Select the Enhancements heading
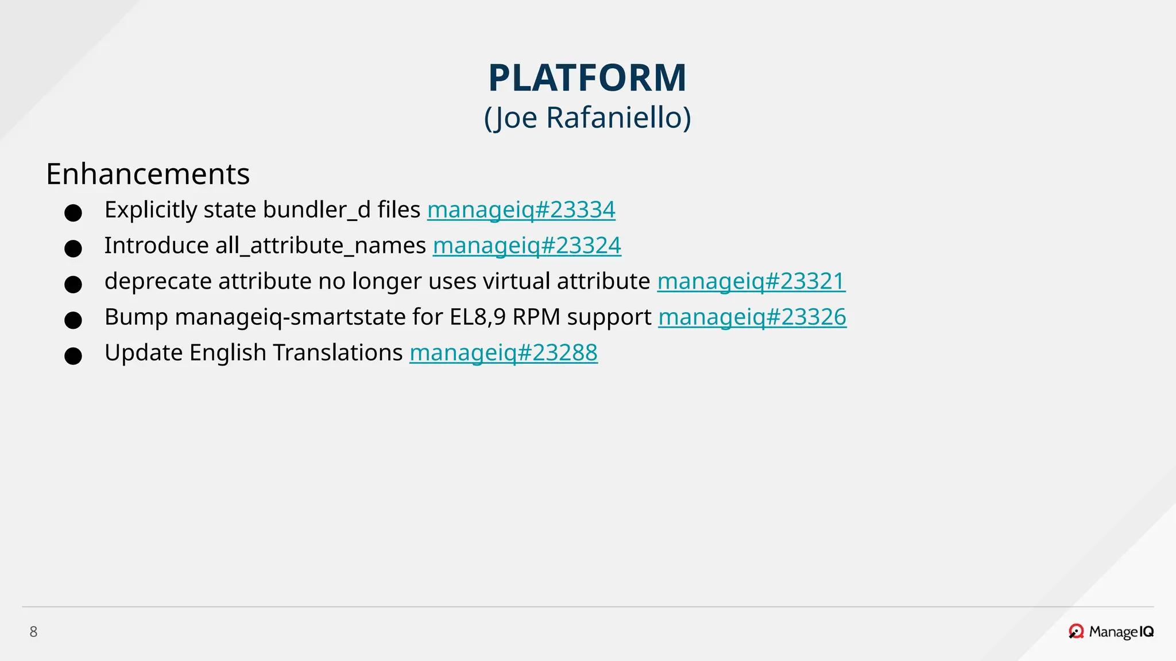tap(148, 174)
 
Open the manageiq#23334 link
tap(521, 210)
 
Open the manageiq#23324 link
tap(527, 246)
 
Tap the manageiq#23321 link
tap(751, 281)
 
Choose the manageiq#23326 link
tap(752, 317)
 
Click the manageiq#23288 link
tap(503, 353)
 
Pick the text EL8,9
tap(478, 317)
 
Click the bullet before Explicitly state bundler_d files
tap(73, 213)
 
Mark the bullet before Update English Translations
tap(73, 356)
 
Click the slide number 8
tap(33, 632)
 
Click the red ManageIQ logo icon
tap(1076, 632)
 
